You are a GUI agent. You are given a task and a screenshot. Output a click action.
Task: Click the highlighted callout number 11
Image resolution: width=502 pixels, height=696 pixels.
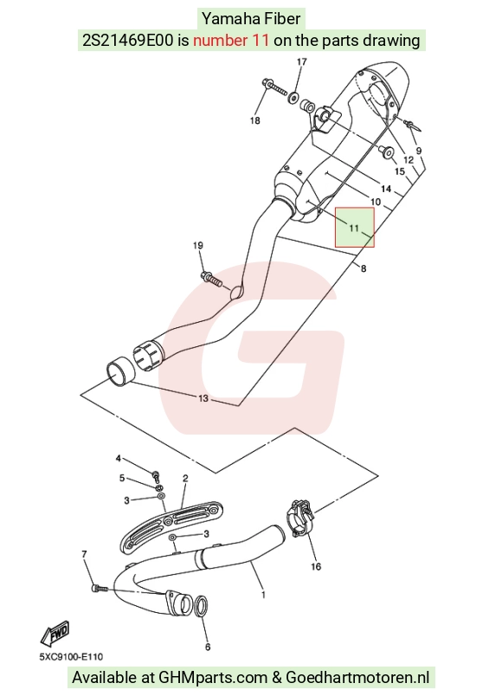click(x=354, y=229)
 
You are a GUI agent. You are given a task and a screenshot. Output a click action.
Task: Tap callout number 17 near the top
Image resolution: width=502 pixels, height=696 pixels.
click(x=301, y=61)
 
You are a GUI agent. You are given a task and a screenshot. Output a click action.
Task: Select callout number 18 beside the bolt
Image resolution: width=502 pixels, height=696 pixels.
click(x=254, y=120)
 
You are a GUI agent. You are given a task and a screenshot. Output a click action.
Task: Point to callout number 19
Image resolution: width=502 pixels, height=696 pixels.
click(x=198, y=246)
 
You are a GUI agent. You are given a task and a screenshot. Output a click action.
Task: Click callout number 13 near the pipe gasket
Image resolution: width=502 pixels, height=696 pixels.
click(x=203, y=398)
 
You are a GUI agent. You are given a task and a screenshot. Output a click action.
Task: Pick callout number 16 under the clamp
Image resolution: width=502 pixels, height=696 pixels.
click(x=316, y=566)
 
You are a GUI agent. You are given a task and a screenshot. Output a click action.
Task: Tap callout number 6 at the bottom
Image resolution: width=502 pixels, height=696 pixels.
click(x=208, y=647)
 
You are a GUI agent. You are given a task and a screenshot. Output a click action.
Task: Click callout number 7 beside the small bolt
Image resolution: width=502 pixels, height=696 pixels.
click(x=84, y=554)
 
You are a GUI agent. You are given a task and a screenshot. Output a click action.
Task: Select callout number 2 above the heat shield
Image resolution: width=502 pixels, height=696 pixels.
click(x=185, y=478)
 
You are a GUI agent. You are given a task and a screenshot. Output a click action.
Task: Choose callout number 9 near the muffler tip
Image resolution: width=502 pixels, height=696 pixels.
click(x=418, y=151)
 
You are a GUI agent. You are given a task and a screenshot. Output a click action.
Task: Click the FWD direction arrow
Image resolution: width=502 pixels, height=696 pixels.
click(x=55, y=633)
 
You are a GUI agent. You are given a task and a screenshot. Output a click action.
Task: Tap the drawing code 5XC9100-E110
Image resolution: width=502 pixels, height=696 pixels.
click(x=71, y=656)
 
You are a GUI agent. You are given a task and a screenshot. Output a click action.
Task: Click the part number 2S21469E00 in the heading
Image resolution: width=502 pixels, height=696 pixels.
click(x=128, y=41)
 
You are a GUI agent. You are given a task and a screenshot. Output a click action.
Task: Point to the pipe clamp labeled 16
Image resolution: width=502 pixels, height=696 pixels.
click(x=299, y=518)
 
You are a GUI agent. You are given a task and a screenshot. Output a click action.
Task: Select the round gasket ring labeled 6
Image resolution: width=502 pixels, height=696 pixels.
click(x=201, y=607)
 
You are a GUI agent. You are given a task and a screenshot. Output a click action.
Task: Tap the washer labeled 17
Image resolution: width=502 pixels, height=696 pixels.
click(x=293, y=97)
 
